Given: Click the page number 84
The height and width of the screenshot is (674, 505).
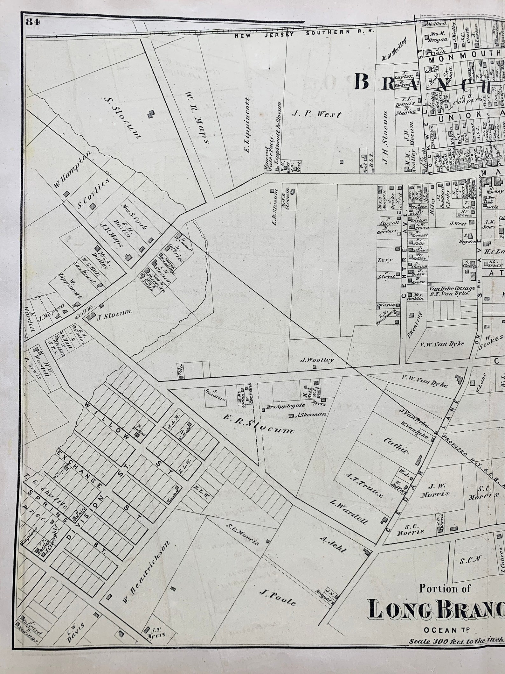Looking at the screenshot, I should [x=33, y=22].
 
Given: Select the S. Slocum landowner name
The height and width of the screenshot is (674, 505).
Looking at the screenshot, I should [x=122, y=118].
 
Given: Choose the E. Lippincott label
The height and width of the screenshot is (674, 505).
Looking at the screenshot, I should [x=248, y=129].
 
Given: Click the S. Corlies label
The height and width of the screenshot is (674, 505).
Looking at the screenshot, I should [x=93, y=194].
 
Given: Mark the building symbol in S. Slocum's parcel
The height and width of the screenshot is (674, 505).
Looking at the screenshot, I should [x=151, y=114].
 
